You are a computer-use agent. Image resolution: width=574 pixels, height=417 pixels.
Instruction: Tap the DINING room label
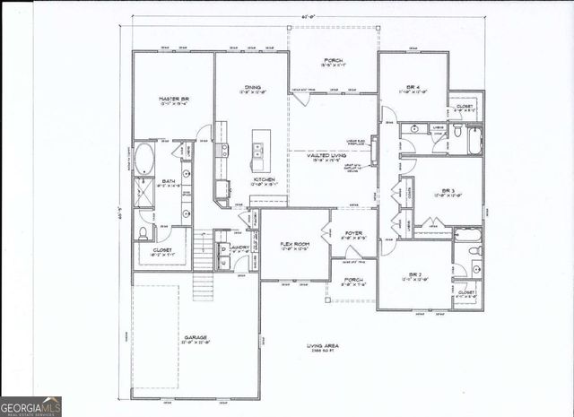251,87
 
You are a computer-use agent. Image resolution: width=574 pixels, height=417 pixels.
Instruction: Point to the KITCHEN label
263,179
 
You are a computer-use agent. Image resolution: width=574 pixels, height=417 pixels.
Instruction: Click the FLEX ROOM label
295,243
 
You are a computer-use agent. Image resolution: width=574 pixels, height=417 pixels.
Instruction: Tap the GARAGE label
196,337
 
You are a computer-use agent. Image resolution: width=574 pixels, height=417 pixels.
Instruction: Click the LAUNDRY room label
239,247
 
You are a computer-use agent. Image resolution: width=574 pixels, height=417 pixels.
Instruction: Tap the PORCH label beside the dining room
333,60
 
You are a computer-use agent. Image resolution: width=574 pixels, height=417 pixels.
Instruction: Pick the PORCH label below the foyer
353,279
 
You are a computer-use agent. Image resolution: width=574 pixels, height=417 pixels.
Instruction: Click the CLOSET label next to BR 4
465,105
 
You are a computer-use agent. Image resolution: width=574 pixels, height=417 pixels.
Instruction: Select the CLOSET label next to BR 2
466,291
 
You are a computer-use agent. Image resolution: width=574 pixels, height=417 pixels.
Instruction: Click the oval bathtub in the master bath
144,161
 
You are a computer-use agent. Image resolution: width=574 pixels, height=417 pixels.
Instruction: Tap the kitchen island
259,148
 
